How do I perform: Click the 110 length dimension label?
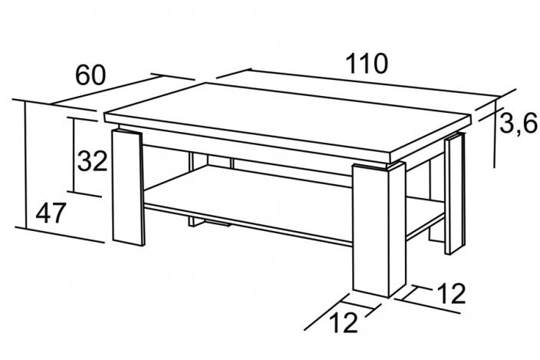[x=367, y=64]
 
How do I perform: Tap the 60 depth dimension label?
[x=90, y=75]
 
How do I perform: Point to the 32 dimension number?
[x=92, y=161]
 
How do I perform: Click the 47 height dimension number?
[x=51, y=213]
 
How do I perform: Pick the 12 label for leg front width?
[x=344, y=323]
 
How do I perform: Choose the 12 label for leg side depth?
[x=451, y=294]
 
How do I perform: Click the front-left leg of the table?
[x=128, y=187]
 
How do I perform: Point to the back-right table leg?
[x=455, y=195]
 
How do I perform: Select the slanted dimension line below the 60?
[x=105, y=89]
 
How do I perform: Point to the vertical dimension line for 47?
[x=26, y=165]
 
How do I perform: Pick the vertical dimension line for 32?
[x=74, y=154]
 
